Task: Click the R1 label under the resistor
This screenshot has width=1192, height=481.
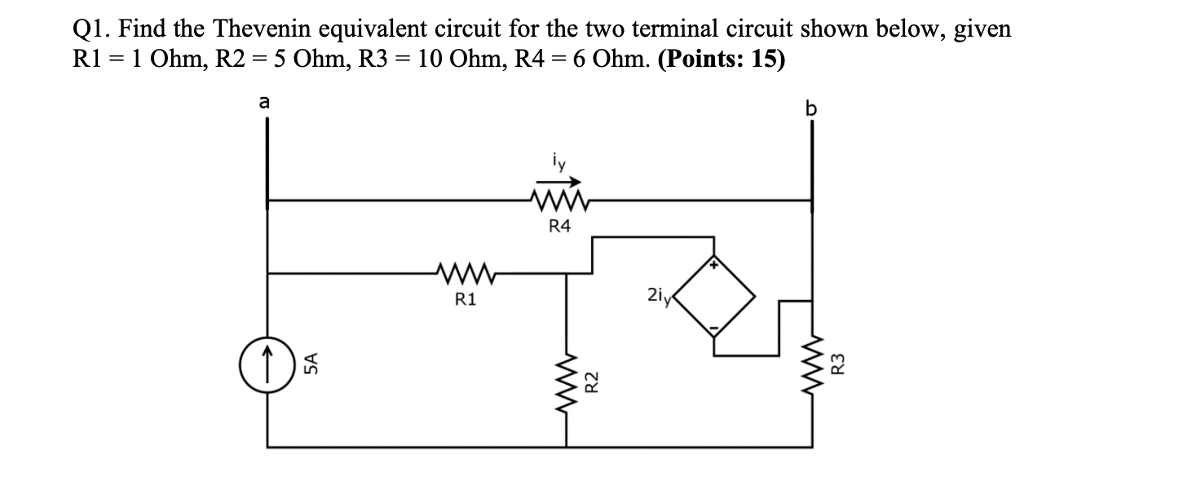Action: tap(464, 300)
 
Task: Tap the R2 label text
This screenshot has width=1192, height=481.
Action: tap(594, 381)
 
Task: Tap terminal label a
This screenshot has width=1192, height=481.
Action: tap(263, 102)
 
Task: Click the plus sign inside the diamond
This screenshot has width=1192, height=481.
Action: tap(714, 265)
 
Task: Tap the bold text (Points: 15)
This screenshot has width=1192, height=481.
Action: tap(721, 61)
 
